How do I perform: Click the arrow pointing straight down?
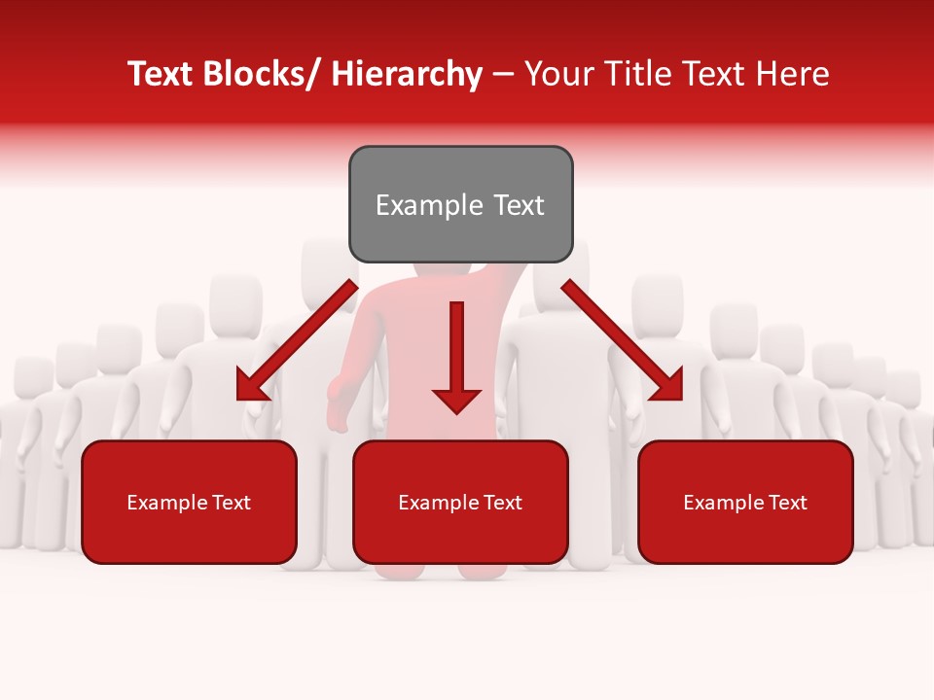(x=456, y=360)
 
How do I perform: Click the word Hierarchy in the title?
(x=406, y=74)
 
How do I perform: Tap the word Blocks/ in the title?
(x=263, y=74)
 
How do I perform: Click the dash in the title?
(x=502, y=75)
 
